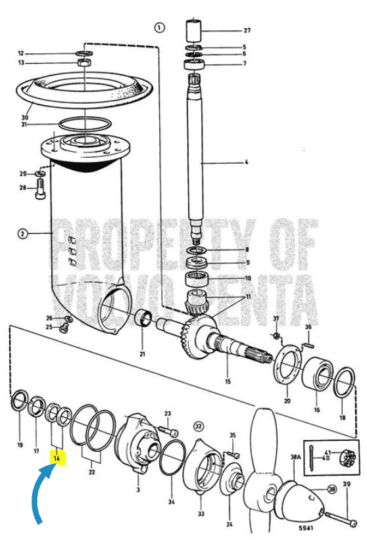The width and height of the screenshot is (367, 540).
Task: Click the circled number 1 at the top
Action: tap(159, 27)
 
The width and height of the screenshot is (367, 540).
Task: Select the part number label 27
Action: tap(229, 30)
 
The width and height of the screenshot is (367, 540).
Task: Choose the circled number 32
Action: tap(198, 425)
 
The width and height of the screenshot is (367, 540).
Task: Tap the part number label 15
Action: tap(228, 382)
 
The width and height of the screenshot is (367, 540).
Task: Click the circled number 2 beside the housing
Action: tap(22, 233)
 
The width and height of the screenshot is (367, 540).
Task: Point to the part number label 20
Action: tap(286, 400)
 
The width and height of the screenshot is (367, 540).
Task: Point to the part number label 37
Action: tap(276, 319)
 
